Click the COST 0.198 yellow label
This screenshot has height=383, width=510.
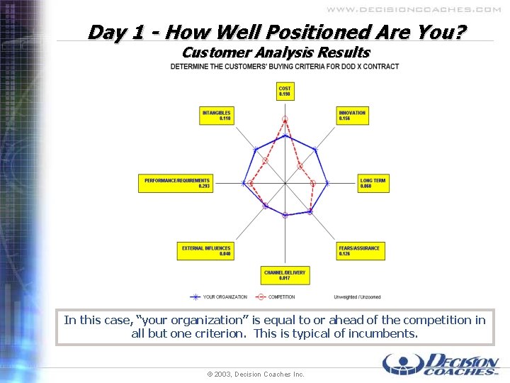point(285,91)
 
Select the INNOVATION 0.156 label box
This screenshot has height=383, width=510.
point(352,116)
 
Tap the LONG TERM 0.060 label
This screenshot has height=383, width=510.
point(373,183)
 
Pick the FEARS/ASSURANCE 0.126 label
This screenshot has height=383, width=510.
point(361,250)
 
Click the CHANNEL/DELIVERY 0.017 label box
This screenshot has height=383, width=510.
point(285,275)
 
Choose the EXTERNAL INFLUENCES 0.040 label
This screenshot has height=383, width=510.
point(206,251)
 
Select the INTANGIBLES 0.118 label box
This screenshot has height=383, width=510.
point(217,116)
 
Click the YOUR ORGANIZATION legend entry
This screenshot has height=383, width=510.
point(219,296)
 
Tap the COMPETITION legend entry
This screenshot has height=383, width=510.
point(276,296)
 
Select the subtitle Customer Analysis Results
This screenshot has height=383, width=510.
point(276,52)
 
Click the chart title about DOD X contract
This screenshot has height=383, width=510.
point(284,67)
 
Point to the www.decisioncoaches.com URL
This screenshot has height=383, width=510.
point(414,10)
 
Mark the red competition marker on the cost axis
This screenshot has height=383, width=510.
point(285,118)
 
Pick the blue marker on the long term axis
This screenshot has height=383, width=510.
point(327,183)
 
